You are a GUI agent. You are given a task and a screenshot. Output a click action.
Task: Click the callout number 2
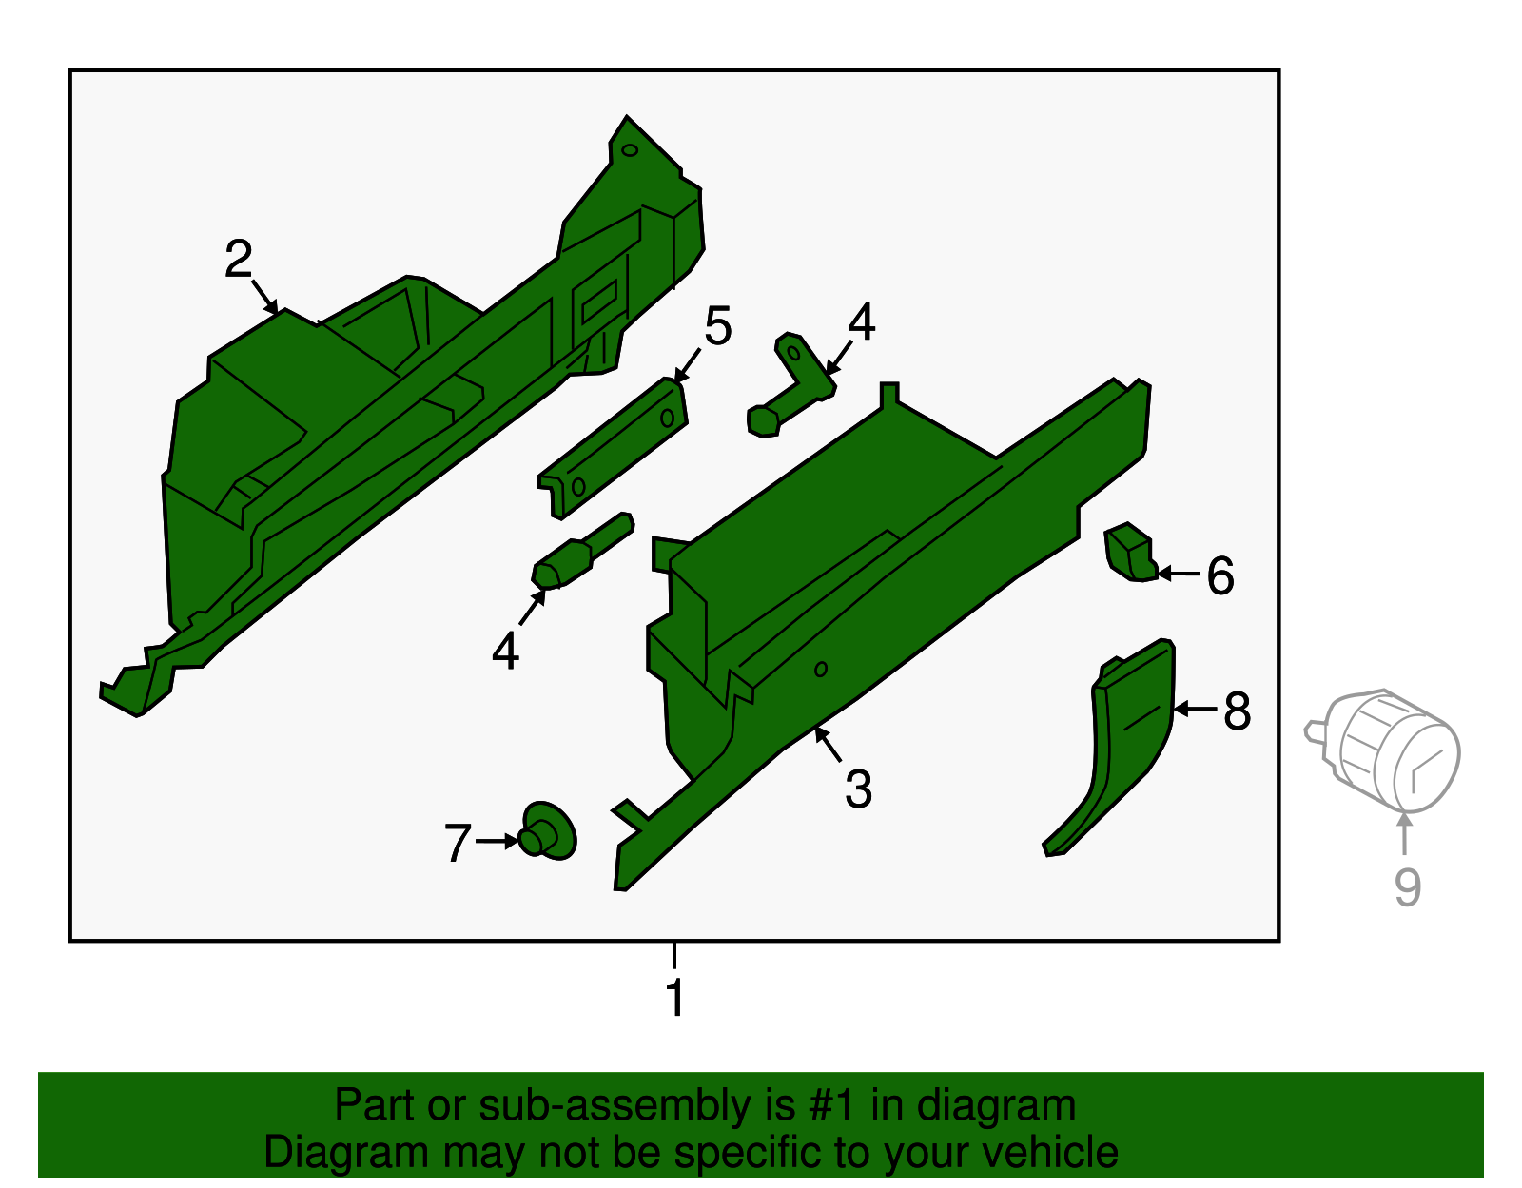point(238,259)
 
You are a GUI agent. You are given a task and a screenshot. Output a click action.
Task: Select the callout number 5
point(718,325)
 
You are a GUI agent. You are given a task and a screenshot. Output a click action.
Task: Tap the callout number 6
point(1220,575)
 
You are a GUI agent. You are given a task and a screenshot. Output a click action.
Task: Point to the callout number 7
point(459,842)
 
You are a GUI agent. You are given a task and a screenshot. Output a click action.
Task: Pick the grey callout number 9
point(1408,887)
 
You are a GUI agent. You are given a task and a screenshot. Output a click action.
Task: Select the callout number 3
point(859,789)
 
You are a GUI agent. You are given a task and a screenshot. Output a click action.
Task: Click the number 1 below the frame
point(675,998)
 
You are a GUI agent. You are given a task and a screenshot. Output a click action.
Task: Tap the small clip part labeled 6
point(1130,552)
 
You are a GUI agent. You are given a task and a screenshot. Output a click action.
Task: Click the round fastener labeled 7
point(548,831)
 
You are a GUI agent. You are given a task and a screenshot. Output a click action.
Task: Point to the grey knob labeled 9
point(1382,750)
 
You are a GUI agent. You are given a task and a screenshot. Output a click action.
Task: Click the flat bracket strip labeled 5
point(613,448)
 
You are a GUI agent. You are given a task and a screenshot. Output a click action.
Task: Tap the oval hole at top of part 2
point(630,150)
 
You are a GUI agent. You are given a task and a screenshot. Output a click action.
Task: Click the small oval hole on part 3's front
point(821,670)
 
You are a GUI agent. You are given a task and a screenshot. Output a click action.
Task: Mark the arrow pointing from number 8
point(1196,710)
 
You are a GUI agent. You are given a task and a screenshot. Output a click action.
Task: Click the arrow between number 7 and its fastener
point(498,841)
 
